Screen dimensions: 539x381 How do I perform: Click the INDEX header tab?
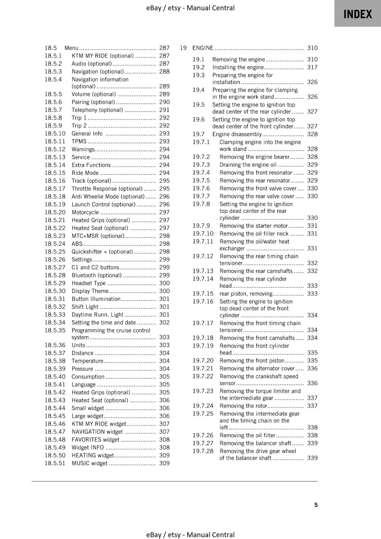(x=357, y=14)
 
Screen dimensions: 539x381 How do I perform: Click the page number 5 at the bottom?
(x=316, y=505)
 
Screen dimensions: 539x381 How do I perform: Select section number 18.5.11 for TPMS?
(x=55, y=141)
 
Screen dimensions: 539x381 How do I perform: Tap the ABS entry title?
(x=77, y=244)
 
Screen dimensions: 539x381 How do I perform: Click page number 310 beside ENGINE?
(x=312, y=48)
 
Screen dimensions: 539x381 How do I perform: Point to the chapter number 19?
(x=183, y=48)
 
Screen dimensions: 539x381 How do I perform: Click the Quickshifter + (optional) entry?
(x=102, y=252)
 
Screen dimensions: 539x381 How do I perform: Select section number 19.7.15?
(x=203, y=294)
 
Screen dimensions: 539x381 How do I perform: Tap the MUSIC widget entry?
(x=89, y=463)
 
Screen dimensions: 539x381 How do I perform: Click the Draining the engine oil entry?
(x=248, y=165)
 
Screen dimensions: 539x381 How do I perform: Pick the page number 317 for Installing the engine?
(x=312, y=67)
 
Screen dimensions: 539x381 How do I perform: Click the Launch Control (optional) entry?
(x=103, y=204)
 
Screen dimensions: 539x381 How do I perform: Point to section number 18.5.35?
(x=55, y=330)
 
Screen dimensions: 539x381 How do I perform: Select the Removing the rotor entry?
(x=243, y=406)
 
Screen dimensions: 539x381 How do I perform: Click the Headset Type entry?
(x=89, y=283)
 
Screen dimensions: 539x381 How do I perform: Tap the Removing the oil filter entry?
(x=247, y=435)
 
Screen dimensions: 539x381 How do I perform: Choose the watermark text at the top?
(x=190, y=8)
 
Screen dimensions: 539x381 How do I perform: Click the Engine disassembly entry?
(x=237, y=134)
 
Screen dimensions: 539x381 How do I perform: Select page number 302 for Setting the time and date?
(x=164, y=322)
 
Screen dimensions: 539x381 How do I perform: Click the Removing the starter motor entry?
(x=254, y=226)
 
